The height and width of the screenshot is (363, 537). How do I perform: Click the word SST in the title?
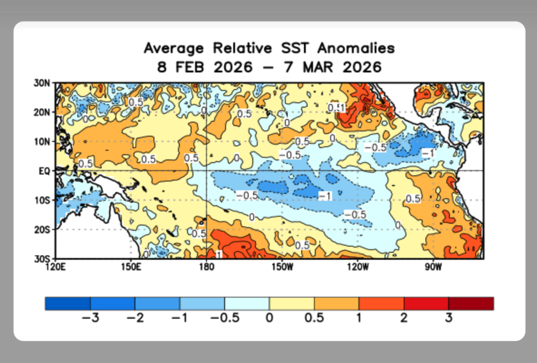295,49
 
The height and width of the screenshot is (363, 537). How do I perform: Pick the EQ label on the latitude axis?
44,171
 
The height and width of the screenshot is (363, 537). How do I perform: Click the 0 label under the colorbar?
269,318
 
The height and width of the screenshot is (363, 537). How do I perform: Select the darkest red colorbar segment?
471,304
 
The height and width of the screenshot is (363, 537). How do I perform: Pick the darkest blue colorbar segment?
68,304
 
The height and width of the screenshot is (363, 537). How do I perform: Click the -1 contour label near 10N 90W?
428,153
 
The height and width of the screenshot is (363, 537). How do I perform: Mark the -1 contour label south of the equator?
325,196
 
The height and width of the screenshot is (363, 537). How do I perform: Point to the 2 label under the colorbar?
404,318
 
